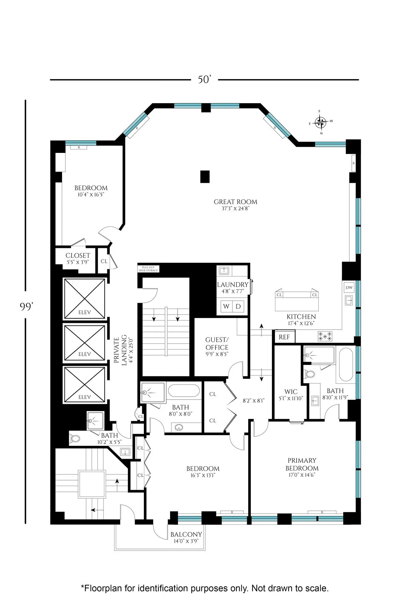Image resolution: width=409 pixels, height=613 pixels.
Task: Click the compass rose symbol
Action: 320,122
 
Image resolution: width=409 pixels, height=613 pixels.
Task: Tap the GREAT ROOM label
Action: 236,202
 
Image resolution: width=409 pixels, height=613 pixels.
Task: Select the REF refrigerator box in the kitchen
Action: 285,337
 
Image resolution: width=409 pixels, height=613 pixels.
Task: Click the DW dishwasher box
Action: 349,288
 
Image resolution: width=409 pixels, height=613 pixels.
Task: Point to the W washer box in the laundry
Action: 226,306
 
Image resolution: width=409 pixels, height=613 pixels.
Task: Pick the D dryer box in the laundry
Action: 238,306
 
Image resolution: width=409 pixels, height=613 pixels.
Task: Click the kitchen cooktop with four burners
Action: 325,336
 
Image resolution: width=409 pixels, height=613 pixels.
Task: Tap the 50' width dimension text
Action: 204,80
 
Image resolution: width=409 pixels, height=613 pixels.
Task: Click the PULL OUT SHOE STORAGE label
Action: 148,269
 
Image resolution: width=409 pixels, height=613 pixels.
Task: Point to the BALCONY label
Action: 186,535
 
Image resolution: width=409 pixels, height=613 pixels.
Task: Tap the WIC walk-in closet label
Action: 291,392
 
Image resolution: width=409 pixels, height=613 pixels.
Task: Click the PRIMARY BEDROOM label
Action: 302,464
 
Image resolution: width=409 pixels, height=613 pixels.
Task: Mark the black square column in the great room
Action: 204,176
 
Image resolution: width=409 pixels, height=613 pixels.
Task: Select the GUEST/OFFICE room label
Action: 217,344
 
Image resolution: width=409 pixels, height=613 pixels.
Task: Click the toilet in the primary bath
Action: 310,374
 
